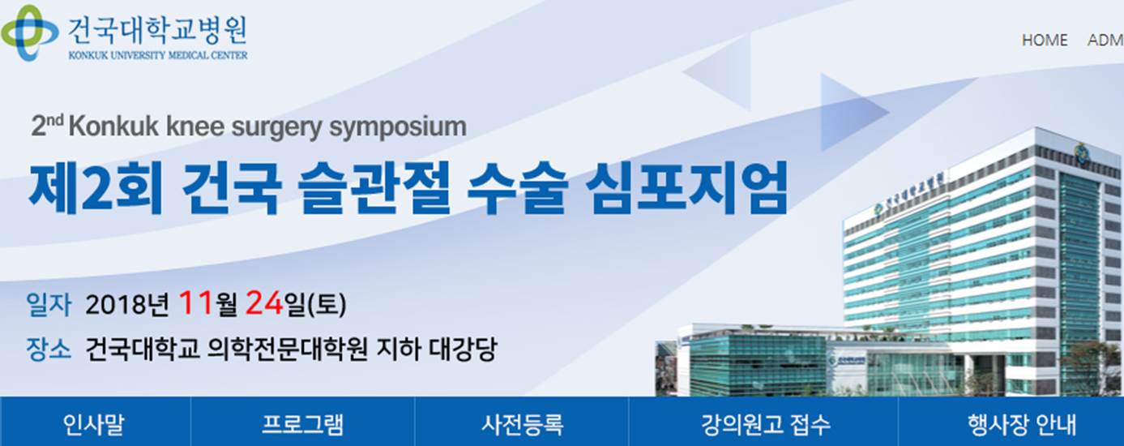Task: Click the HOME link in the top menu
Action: pos(1045,41)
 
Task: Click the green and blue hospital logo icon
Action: pos(29,33)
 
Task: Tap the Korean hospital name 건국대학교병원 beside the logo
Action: pos(157,31)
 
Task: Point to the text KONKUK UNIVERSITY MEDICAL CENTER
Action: pos(158,55)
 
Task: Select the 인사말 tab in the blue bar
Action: pos(93,424)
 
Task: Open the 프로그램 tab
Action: pos(302,424)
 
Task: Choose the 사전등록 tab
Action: pos(523,424)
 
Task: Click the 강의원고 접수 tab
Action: pos(766,424)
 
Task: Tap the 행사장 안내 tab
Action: pos(1021,424)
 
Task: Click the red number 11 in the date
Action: pos(196,302)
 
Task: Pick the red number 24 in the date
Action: pos(264,302)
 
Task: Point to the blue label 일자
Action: pos(49,304)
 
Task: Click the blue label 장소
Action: pos(49,349)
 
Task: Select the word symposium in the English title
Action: pos(397,127)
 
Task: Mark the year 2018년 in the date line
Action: pos(127,304)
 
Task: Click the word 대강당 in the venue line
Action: pos(464,349)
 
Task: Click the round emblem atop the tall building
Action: pos(1078,151)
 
